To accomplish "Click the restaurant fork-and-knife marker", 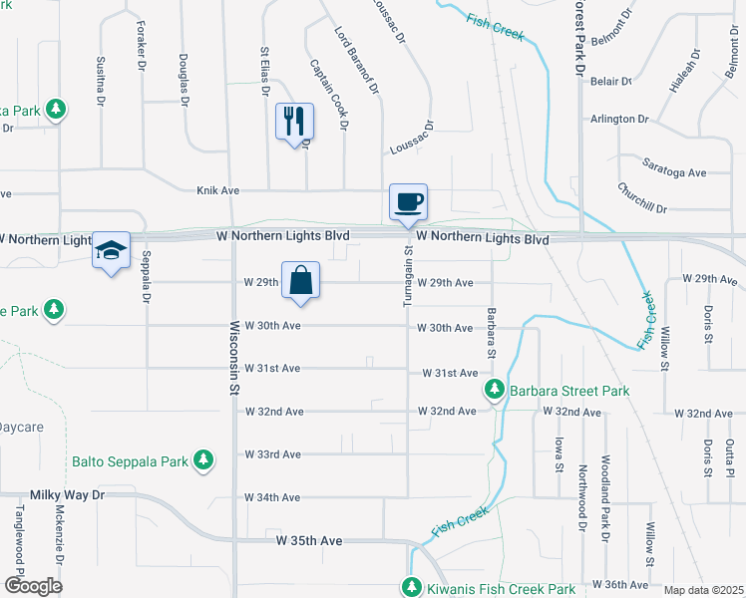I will point(294,122).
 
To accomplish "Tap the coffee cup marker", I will point(408,202).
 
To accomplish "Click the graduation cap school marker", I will point(112,251).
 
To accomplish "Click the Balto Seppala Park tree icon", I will point(204,460).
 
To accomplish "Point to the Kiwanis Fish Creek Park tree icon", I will point(413,588).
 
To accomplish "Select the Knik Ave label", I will point(218,189).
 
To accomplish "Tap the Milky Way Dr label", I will point(66,495).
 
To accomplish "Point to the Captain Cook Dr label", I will point(329,94).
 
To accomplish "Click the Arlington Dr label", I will point(618,119).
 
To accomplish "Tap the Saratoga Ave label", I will point(674,163).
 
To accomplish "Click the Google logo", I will point(33,586).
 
